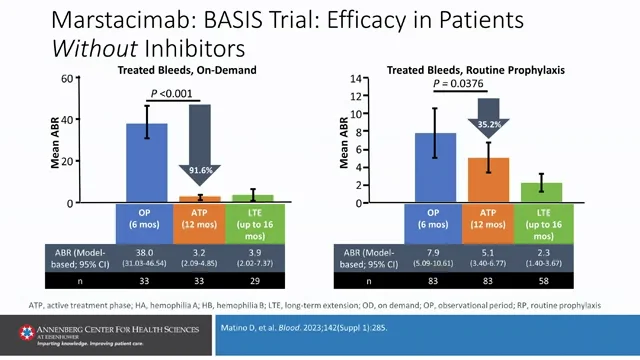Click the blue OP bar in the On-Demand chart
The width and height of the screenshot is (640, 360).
(146, 165)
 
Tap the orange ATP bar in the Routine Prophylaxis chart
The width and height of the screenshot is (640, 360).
(489, 180)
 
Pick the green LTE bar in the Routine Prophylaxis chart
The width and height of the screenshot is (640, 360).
(540, 192)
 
